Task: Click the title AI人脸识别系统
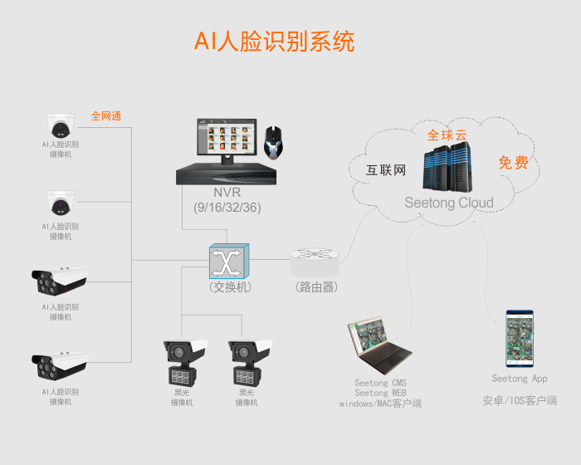coord(274,42)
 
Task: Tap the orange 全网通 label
coord(106,116)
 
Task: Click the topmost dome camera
coord(60,125)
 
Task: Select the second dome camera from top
coord(60,203)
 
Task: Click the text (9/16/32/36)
coord(227,208)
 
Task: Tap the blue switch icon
coord(227,261)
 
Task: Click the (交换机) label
coord(230,287)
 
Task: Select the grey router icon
coord(315,263)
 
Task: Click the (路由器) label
coord(315,287)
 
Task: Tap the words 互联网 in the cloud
coord(386,171)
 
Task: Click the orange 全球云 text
coord(447,135)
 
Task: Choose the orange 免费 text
coord(513,163)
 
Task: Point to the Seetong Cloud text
coord(449,203)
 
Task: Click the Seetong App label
coord(520,379)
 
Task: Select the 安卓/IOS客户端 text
coord(520,400)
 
